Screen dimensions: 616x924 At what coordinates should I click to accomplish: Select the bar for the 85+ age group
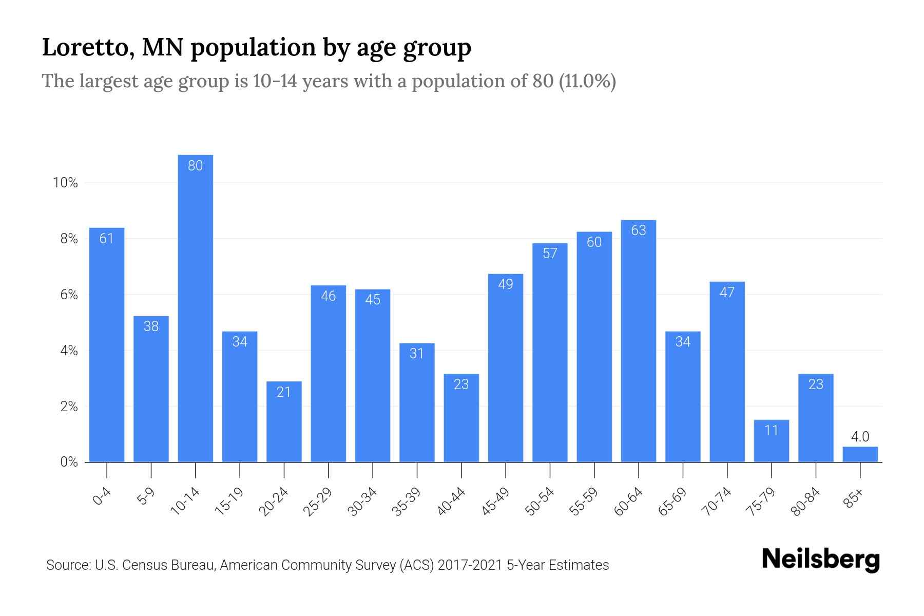pos(860,455)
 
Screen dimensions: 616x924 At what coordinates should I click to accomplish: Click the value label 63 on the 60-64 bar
pos(638,230)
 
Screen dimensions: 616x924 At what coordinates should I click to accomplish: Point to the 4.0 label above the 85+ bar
pos(860,437)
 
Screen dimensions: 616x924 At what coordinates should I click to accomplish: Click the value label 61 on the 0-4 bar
pos(106,239)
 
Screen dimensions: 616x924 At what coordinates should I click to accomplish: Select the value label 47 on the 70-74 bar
pos(727,293)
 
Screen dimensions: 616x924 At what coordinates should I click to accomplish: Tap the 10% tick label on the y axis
pos(65,183)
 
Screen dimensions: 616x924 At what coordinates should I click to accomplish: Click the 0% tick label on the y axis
pos(69,462)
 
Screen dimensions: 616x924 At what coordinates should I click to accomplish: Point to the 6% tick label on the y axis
pos(69,295)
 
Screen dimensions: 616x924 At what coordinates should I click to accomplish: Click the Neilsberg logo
pos(820,560)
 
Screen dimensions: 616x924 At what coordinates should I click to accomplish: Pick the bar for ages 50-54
pos(550,354)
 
